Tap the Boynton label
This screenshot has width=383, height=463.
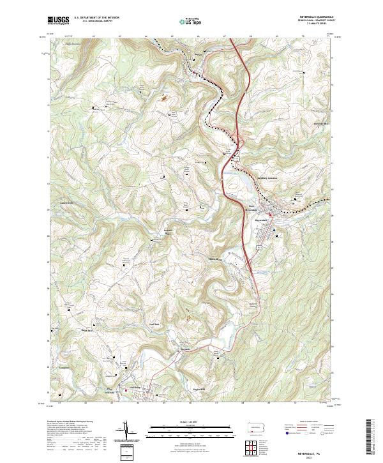(x=186, y=350)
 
